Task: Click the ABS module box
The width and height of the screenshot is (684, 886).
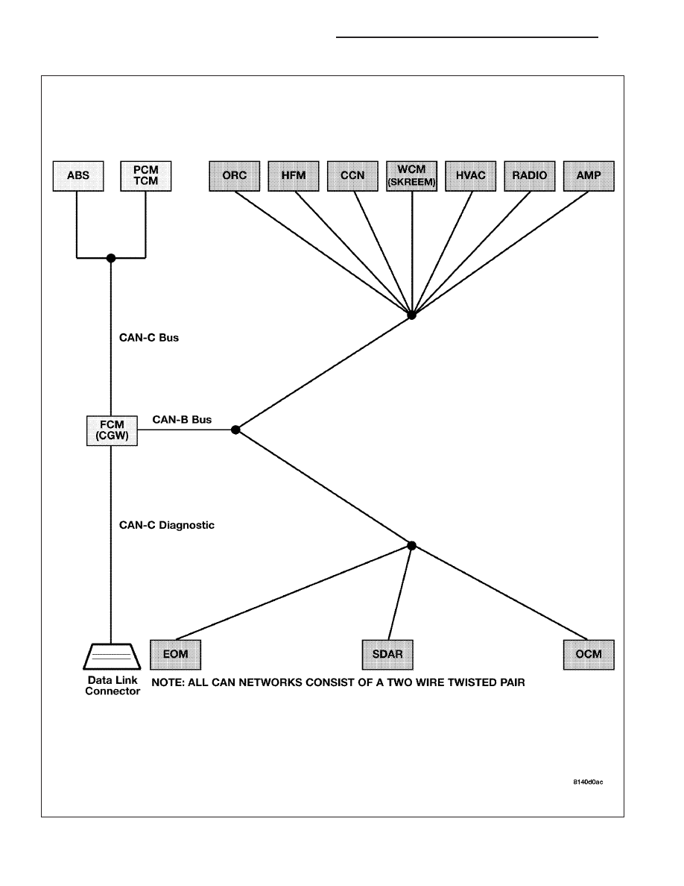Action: coord(78,176)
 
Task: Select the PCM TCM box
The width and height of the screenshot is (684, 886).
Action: coord(145,176)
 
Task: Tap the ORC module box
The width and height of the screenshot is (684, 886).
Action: coord(235,176)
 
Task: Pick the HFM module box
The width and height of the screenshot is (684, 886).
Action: coord(294,176)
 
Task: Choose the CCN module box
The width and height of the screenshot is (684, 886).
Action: coord(352,176)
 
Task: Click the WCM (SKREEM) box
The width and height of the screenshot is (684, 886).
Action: coord(412,176)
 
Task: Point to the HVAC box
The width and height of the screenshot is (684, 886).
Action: coord(471,176)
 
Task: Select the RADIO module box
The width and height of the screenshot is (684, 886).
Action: coord(530,176)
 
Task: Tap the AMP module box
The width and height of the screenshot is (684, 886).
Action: coord(589,176)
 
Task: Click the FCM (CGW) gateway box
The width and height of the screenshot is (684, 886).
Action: coord(112,430)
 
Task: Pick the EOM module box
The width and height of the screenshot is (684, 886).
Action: coord(176,654)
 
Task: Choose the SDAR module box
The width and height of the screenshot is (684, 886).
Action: coord(387,654)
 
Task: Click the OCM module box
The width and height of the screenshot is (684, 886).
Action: coord(589,654)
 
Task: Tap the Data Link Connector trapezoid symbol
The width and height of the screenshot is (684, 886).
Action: coord(112,656)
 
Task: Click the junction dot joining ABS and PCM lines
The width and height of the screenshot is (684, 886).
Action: coord(111,258)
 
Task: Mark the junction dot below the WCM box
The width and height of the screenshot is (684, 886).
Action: coord(412,315)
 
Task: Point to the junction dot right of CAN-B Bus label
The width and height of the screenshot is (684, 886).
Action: coord(236,430)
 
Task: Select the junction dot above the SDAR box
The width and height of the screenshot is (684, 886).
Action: coord(412,546)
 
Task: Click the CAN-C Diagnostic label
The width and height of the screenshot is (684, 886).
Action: coord(166,525)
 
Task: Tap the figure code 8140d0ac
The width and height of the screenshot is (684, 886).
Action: coord(588,782)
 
